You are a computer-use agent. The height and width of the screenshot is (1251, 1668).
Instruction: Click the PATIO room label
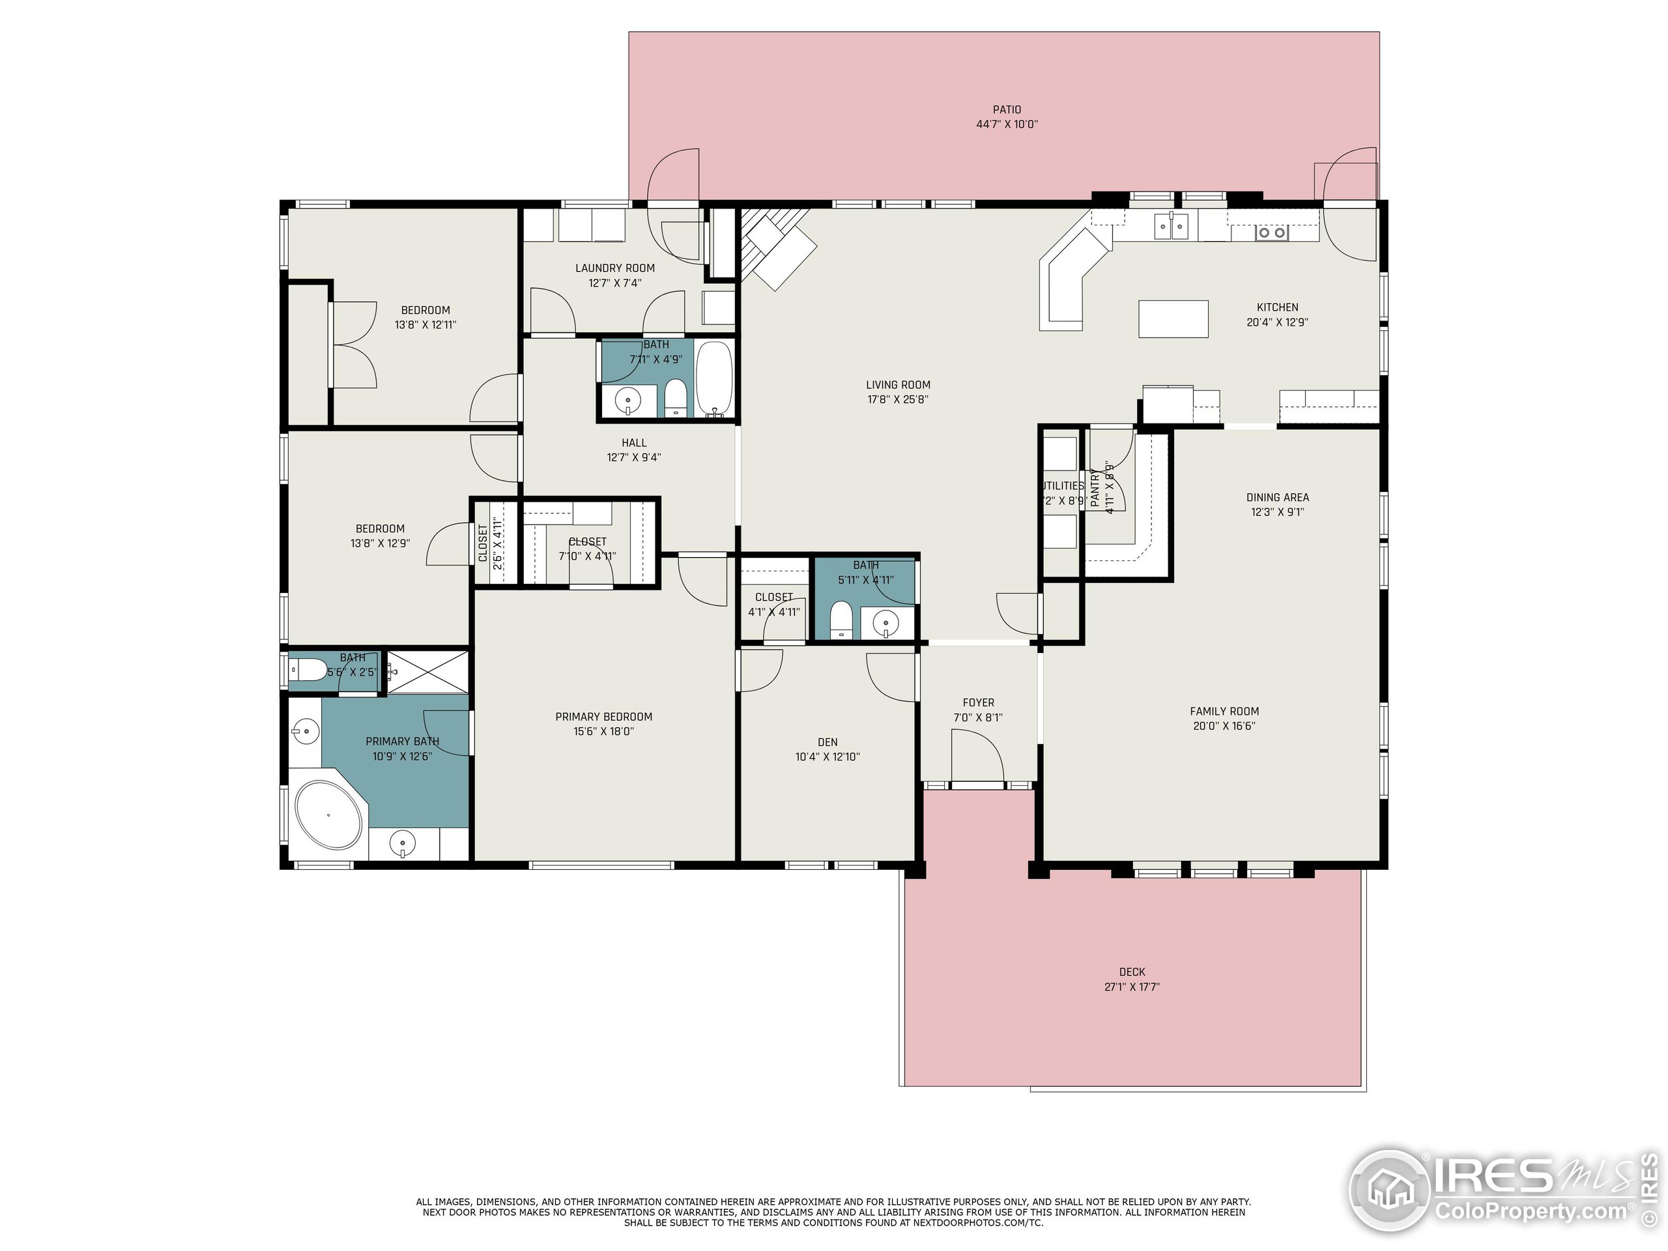[1007, 110]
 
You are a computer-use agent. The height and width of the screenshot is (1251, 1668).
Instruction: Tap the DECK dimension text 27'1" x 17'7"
[1132, 986]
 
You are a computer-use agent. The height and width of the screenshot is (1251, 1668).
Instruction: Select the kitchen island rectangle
[1173, 318]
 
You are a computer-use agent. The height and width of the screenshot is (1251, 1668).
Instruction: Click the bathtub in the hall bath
[713, 379]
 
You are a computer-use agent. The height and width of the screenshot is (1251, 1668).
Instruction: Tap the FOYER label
[978, 703]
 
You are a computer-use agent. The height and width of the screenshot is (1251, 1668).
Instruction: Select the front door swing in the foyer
[977, 758]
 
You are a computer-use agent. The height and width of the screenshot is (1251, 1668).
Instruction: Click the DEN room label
[827, 742]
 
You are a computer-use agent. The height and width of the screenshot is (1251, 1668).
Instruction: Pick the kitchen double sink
[1171, 225]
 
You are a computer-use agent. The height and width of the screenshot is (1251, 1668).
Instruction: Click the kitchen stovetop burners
[1271, 233]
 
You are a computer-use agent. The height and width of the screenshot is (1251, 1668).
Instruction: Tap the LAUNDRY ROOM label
[614, 268]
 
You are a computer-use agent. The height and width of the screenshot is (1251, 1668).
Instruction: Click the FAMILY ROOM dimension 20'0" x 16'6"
[1224, 726]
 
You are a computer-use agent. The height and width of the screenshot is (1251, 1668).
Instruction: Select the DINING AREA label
[1278, 498]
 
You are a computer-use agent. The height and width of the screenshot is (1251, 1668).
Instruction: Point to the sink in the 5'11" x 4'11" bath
[885, 623]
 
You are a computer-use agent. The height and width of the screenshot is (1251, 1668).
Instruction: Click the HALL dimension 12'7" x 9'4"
[633, 457]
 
